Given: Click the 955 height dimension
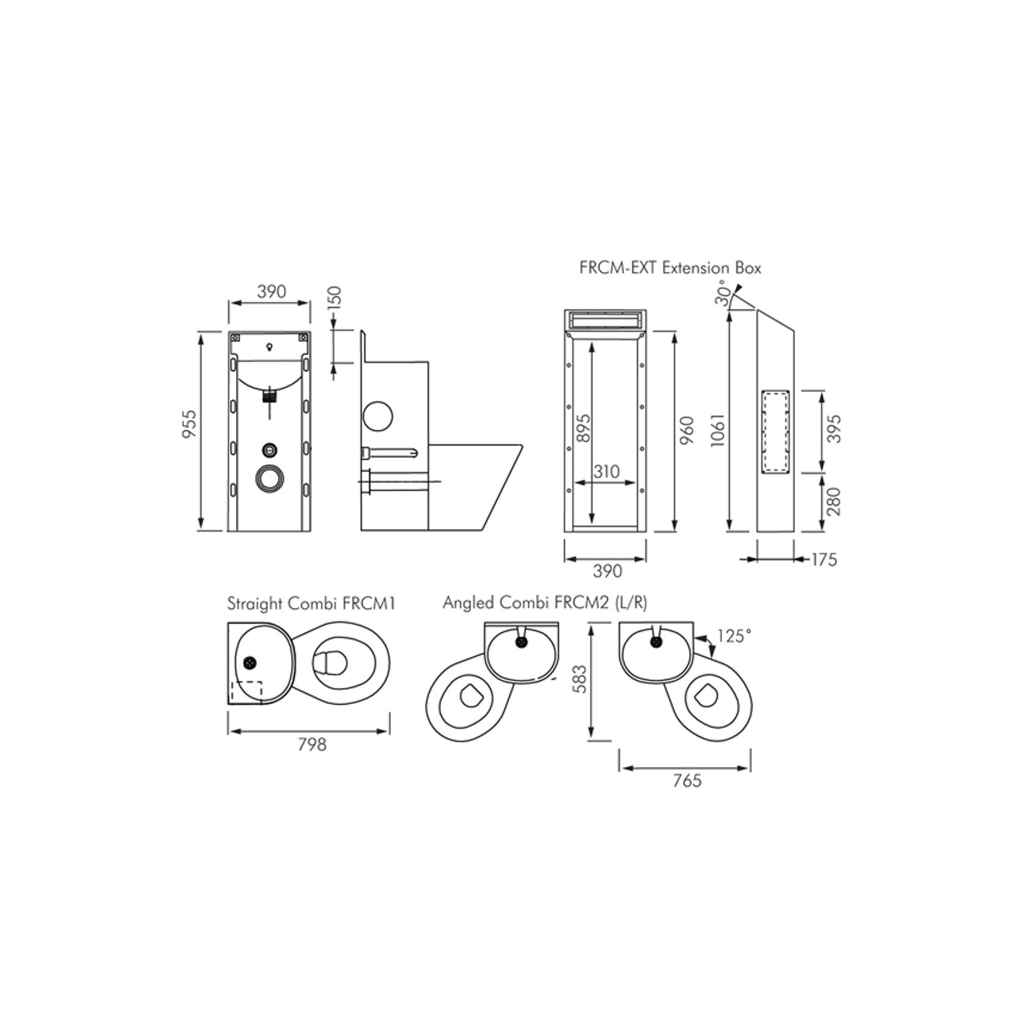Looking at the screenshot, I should point(190,424).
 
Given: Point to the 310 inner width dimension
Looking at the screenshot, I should point(606,472).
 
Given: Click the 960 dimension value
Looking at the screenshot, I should point(687,430).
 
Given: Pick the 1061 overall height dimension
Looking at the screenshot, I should point(718,430).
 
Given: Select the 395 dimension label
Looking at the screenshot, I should point(833,429).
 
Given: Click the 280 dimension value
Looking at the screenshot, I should point(833,501).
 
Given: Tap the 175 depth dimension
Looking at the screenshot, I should point(823,560).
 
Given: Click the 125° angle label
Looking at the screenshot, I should point(734,637).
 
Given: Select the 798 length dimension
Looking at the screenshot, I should point(312,744).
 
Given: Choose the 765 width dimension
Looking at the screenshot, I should point(687,781).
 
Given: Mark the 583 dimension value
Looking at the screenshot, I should point(582,679).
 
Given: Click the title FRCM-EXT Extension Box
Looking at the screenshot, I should point(670,268).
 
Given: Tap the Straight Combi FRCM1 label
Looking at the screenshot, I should point(311,604).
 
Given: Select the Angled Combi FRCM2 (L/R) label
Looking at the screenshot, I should point(545,603).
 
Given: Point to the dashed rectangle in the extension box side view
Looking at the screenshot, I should point(775,432).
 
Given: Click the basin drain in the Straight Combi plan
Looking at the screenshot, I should point(250,662).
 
